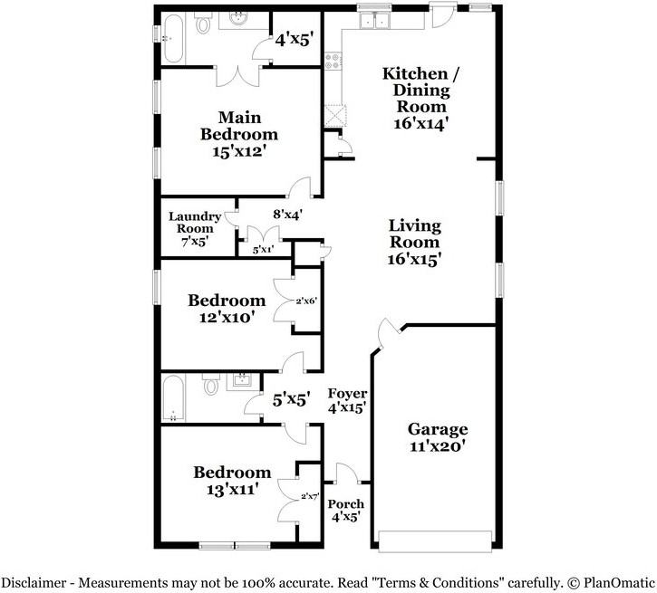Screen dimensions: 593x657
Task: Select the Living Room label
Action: click(415, 234)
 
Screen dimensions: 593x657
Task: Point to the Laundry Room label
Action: click(194, 223)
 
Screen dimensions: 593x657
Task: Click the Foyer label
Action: click(347, 393)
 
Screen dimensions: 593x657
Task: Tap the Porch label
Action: click(345, 504)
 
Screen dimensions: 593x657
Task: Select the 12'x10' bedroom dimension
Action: click(227, 317)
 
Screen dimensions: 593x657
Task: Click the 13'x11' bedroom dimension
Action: click(232, 489)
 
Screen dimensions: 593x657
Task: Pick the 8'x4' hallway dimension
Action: click(287, 215)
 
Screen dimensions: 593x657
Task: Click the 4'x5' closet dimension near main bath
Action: click(294, 39)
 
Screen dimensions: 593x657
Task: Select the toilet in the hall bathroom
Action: click(211, 387)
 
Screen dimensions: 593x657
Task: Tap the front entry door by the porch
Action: click(347, 473)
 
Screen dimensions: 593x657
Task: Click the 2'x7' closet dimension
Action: click(309, 495)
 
